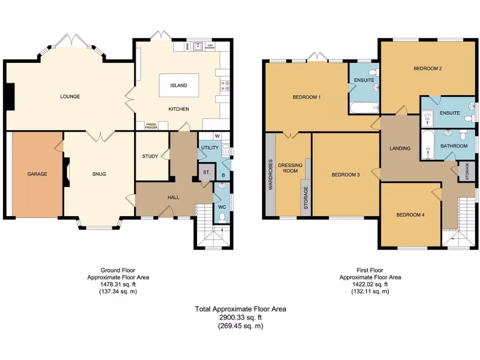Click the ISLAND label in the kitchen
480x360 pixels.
(x=179, y=85)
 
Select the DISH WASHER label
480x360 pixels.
(x=210, y=46)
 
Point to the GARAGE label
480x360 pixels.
(x=37, y=174)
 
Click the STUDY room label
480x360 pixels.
(x=150, y=156)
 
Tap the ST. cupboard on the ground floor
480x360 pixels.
(x=206, y=172)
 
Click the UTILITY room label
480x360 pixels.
(x=210, y=148)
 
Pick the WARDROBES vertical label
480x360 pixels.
(x=270, y=174)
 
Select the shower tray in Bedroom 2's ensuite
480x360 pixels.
(x=427, y=117)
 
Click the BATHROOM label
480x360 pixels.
(x=454, y=146)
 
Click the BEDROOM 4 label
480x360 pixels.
(x=410, y=215)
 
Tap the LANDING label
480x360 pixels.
(x=400, y=148)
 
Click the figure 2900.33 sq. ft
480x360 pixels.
(x=240, y=317)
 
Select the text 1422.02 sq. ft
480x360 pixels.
(x=370, y=284)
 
